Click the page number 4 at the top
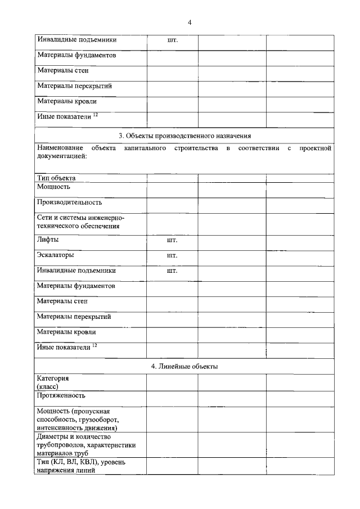click(190, 22)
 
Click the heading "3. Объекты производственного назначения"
click(185, 136)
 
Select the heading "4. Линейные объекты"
click(184, 366)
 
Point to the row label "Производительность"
click(69, 202)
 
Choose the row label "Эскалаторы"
click(56, 255)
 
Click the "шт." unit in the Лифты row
click(172, 240)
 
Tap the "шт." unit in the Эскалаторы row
click(172, 255)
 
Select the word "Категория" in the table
click(53, 379)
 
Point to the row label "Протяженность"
click(62, 395)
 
